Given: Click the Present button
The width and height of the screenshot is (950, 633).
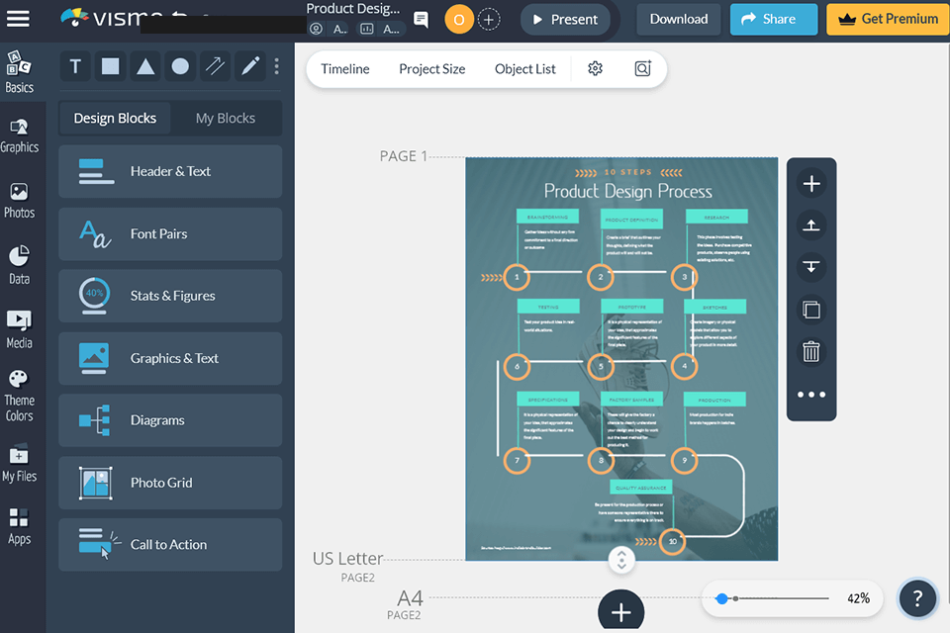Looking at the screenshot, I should point(565,19).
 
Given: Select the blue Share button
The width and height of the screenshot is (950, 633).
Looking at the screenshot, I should point(773,19).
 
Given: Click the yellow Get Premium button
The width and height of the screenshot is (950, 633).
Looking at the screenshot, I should point(887,19).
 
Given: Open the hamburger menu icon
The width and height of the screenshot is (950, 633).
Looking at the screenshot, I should point(18,19).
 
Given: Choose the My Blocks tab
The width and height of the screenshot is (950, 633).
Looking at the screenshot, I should point(225,118).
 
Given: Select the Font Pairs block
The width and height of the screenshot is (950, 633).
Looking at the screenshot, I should point(170,233).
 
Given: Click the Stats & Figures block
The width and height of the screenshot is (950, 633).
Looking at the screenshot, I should point(170,296).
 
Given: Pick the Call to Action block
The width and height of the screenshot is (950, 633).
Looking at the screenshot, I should point(170,544).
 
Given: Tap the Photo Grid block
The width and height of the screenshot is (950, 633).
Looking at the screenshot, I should point(170,483).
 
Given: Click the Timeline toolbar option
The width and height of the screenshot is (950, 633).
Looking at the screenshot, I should point(344,69).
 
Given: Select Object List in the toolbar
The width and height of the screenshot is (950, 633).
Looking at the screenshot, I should point(524,69).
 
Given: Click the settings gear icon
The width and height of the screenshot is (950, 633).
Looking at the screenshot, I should point(595,69).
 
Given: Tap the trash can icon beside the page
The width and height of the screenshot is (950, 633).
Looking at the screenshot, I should point(810,351).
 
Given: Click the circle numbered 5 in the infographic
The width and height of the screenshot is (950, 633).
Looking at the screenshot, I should point(600,367).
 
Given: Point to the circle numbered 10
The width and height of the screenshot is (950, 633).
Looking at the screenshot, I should point(672,541).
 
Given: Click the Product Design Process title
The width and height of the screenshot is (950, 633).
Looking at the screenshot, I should point(627,191).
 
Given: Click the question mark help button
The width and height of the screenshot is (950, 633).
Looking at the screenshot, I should point(917,597).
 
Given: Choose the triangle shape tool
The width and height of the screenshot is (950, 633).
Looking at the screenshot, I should point(145,66).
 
